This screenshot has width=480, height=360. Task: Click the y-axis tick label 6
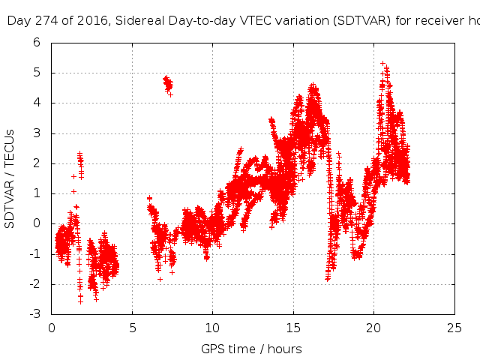coord(36,43)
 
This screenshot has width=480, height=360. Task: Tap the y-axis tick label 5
coord(36,73)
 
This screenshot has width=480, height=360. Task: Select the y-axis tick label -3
coord(34,314)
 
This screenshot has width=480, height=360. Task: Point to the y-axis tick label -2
coord(34,284)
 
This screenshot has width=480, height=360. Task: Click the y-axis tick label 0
coord(36,223)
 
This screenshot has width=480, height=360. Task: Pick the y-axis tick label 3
coord(36,133)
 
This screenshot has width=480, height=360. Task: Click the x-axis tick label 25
coord(454,328)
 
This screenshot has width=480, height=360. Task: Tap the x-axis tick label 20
coord(373,328)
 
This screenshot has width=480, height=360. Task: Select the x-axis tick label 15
coord(293,328)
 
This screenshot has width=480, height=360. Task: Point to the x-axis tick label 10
coord(212,328)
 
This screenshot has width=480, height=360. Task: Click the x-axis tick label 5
coord(132,328)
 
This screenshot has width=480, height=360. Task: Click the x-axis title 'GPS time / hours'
coord(251,349)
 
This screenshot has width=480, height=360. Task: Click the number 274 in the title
coord(44,21)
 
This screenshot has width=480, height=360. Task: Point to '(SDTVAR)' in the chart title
coord(363,21)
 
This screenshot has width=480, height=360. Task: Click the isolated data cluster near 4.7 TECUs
coord(168,82)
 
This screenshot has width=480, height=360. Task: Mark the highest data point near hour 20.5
coord(382,64)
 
